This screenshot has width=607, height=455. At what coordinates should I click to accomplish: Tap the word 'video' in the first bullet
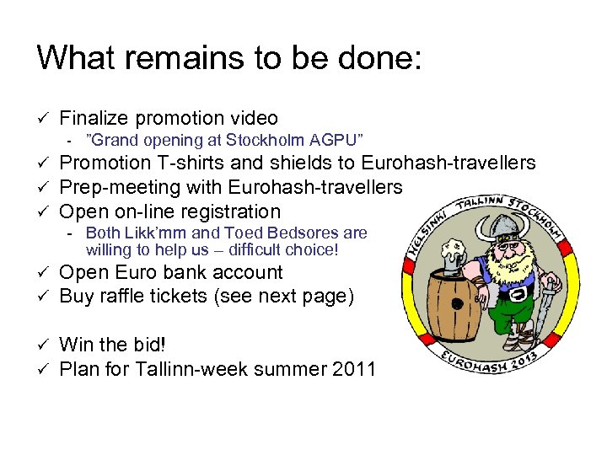(x=253, y=119)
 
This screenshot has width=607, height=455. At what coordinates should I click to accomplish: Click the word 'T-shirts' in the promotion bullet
(x=185, y=163)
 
